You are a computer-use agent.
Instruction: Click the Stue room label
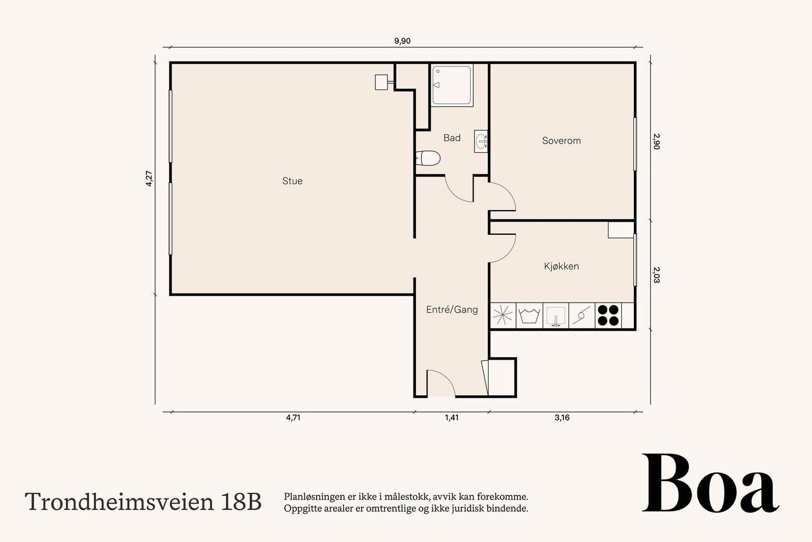[x=292, y=181]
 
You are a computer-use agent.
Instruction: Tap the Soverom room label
[x=561, y=140]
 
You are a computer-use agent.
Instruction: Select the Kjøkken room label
[x=561, y=266]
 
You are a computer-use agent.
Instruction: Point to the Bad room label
[x=452, y=138]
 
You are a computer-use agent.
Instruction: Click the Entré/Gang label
[x=452, y=309]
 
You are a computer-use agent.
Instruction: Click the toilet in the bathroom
[x=428, y=158]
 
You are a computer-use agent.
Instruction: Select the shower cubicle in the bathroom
[x=452, y=85]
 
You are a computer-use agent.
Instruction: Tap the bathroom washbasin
[x=481, y=141]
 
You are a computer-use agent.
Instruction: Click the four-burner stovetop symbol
[x=608, y=315]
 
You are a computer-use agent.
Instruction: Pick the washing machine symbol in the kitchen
[x=529, y=315]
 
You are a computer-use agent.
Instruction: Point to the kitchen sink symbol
[x=556, y=315]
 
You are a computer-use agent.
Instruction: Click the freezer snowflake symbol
[x=503, y=315]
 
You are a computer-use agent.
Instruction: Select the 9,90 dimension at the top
[x=402, y=41]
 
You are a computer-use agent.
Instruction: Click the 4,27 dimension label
[x=149, y=178]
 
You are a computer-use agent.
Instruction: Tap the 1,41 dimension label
[x=452, y=418]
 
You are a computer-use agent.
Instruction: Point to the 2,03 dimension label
[x=657, y=275]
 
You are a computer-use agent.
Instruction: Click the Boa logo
[x=710, y=483]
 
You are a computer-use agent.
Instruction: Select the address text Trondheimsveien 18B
[x=143, y=502]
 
